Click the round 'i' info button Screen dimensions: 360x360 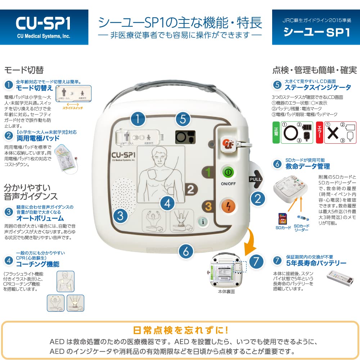tap(203, 222)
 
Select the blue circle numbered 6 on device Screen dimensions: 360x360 tap(186, 251)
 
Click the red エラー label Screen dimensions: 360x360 tap(318, 132)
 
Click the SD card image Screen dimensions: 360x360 tap(282, 219)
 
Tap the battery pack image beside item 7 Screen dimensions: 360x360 tap(340, 278)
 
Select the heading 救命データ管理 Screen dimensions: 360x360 tap(307, 166)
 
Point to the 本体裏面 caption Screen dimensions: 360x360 tap(227, 292)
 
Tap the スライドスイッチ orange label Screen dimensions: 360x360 tap(72, 108)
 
